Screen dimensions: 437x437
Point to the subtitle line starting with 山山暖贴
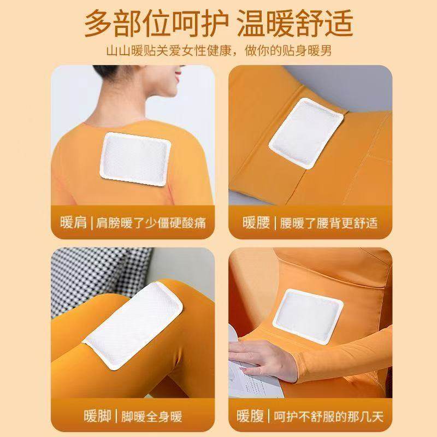click(x=218, y=51)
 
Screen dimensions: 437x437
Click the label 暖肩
click(x=73, y=223)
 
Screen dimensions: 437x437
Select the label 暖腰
click(x=256, y=223)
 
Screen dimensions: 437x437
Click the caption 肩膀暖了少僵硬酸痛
click(x=154, y=223)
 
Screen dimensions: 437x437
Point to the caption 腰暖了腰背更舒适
click(x=328, y=223)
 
